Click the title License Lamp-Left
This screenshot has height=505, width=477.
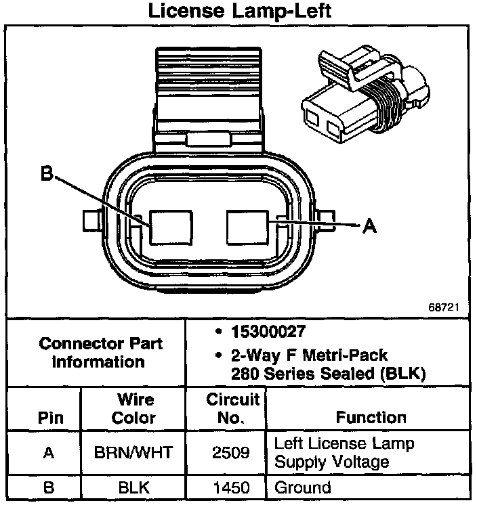[238, 12]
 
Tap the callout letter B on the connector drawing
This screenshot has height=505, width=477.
[46, 175]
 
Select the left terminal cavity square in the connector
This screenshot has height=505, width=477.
[172, 225]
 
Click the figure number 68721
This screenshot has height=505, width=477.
[444, 307]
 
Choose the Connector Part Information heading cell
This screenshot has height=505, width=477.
[100, 352]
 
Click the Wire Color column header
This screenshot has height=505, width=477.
[133, 408]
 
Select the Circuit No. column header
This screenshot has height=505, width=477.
[232, 408]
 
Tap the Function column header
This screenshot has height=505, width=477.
[371, 417]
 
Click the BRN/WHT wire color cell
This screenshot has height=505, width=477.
[133, 453]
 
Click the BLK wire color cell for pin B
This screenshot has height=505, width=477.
[133, 487]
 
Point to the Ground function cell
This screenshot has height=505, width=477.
[302, 487]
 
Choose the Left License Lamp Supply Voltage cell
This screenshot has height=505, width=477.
[344, 453]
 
